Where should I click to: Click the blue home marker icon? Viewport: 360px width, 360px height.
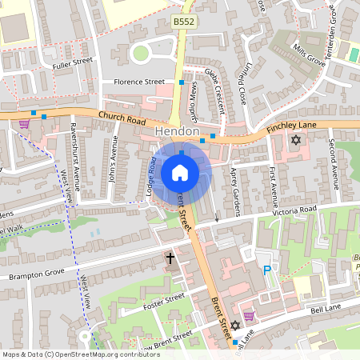(180, 173)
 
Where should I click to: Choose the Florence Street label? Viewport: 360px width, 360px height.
(139, 82)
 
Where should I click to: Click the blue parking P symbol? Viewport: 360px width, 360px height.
(267, 271)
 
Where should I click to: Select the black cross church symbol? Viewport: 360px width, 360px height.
(170, 258)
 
